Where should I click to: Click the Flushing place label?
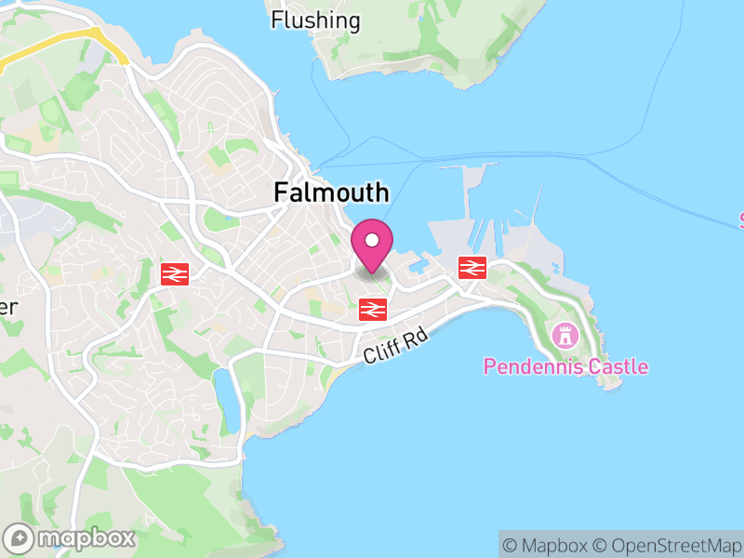[x=315, y=20]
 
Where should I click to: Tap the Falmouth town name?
[x=331, y=193]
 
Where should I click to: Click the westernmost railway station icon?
[x=175, y=273]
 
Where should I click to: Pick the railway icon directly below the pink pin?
[x=373, y=310]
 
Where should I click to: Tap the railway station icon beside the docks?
[x=472, y=268]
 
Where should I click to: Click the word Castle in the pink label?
[x=618, y=366]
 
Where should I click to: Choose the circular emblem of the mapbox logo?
[x=20, y=538]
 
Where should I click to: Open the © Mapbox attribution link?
[x=546, y=545]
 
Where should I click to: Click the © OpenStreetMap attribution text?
[x=667, y=545]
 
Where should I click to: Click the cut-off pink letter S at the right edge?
[x=740, y=220]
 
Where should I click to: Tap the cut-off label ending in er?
[x=9, y=307]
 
